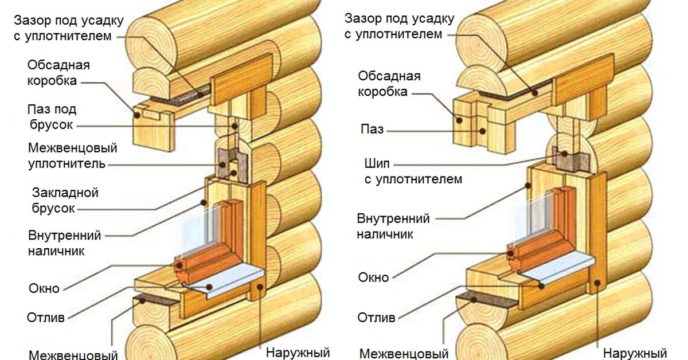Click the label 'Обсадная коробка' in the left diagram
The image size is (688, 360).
click(58, 73)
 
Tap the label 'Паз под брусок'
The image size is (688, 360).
click(52, 117)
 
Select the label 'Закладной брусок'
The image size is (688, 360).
click(65, 200)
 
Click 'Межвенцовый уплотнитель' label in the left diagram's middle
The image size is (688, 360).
click(72, 156)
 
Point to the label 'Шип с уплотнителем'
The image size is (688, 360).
click(412, 171)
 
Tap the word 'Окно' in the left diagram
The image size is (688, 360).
click(44, 288)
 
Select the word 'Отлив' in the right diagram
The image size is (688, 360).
click(376, 317)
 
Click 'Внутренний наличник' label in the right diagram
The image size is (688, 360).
click(393, 226)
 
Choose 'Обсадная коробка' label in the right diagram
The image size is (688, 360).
click(389, 84)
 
